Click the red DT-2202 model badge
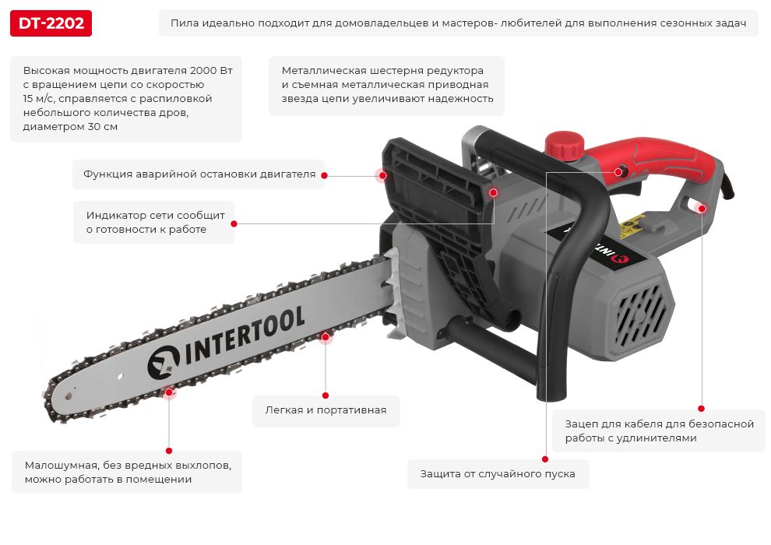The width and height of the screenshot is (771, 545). (x=51, y=23)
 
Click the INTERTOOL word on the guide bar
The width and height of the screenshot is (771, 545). (x=245, y=336)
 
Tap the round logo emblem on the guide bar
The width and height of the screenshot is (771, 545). (x=164, y=362)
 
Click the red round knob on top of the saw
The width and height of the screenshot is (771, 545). (x=564, y=146)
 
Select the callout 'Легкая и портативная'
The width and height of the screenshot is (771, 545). (x=326, y=410)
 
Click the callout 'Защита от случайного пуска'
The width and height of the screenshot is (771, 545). (x=498, y=474)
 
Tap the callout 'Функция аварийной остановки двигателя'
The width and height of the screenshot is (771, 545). (x=199, y=174)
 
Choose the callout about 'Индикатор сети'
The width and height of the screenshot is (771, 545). (x=154, y=222)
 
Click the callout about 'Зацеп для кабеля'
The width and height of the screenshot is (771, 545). (x=659, y=431)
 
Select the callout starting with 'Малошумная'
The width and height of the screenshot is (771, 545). (x=128, y=472)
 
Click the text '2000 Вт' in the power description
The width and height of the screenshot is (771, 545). (x=211, y=70)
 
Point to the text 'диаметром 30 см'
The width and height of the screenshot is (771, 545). (x=70, y=127)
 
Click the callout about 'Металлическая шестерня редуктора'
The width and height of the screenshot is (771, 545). (x=387, y=85)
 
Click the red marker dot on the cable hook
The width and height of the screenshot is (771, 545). (x=702, y=209)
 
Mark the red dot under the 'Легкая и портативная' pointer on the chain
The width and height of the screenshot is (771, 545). (x=325, y=336)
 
